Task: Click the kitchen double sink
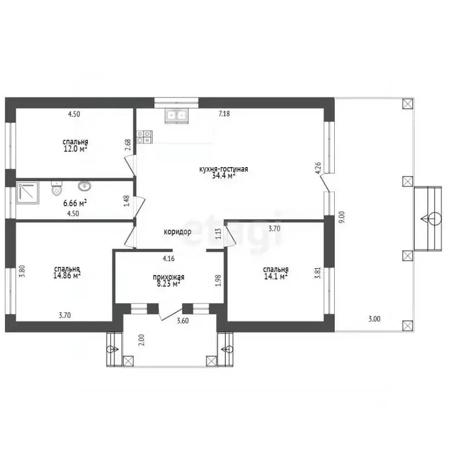177,116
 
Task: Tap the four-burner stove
145,137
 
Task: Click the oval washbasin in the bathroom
85,186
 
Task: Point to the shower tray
28,193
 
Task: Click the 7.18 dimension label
224,114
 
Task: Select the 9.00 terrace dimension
342,217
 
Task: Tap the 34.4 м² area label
224,176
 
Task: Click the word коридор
177,232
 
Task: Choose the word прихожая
168,277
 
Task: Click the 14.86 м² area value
67,276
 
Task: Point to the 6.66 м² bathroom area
75,203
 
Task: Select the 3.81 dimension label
318,273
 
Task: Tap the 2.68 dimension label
128,145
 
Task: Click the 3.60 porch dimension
183,321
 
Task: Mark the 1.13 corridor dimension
219,234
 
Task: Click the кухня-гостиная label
223,169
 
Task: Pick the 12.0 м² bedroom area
75,148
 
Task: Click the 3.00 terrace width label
374,319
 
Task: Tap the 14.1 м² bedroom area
276,276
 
